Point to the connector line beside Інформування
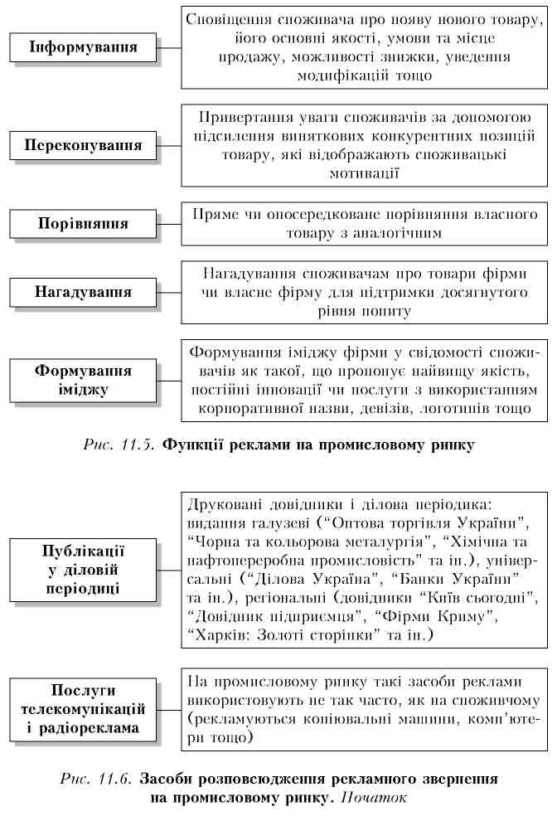(x=170, y=48)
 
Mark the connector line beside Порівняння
(x=170, y=224)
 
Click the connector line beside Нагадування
(x=170, y=293)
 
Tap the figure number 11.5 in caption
(x=138, y=445)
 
